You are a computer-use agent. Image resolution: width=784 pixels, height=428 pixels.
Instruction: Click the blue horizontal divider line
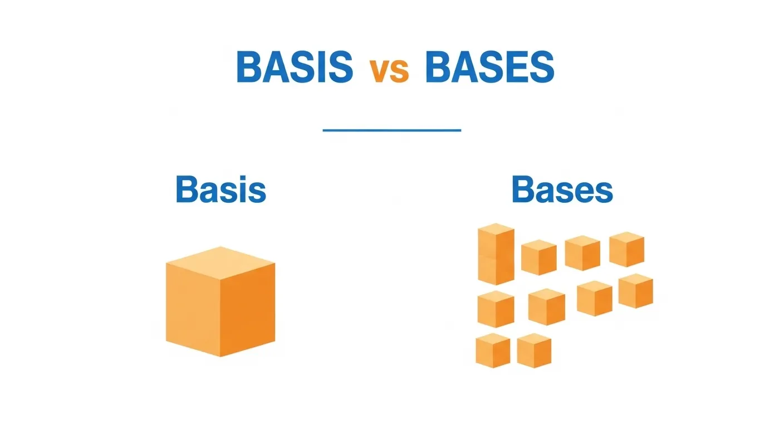pyautogui.click(x=392, y=130)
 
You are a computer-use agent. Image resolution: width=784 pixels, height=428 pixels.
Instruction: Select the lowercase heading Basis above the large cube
pyautogui.click(x=221, y=190)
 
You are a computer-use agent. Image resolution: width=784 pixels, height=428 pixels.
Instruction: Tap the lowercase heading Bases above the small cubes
pyautogui.click(x=562, y=190)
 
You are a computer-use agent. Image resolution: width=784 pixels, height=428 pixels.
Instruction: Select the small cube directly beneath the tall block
pyautogui.click(x=496, y=308)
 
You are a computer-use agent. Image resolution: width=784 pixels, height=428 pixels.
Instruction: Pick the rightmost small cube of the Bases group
pyautogui.click(x=635, y=290)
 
